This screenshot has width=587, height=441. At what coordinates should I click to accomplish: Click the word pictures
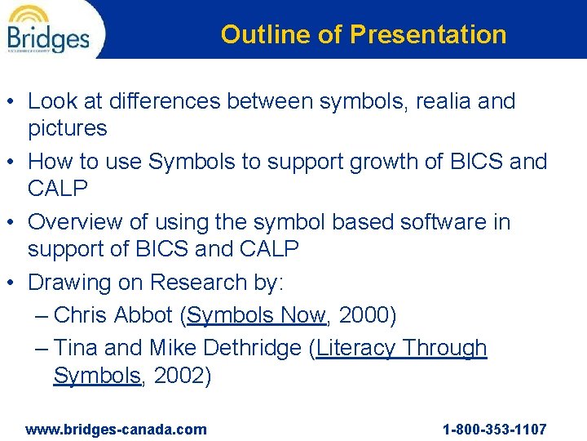(x=67, y=128)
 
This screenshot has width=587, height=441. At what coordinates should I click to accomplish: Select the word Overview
(x=77, y=222)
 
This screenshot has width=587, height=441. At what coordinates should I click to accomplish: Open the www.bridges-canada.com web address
(x=116, y=430)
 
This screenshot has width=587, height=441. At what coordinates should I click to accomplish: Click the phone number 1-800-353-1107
(x=494, y=430)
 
